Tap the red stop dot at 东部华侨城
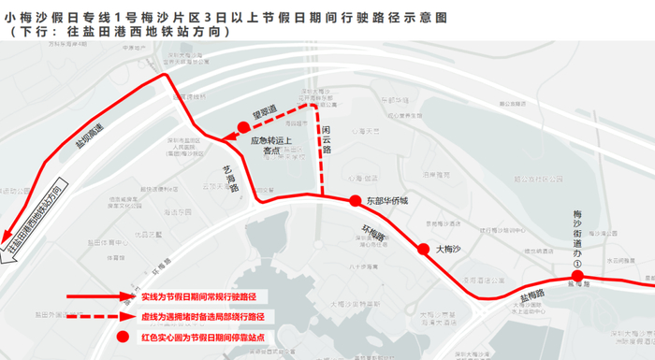click(x=355, y=201)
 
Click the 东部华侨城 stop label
click(x=387, y=201)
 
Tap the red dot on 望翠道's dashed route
click(x=243, y=127)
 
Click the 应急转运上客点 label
click(x=272, y=146)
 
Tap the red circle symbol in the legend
click(x=119, y=338)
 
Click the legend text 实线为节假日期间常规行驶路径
click(x=198, y=296)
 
